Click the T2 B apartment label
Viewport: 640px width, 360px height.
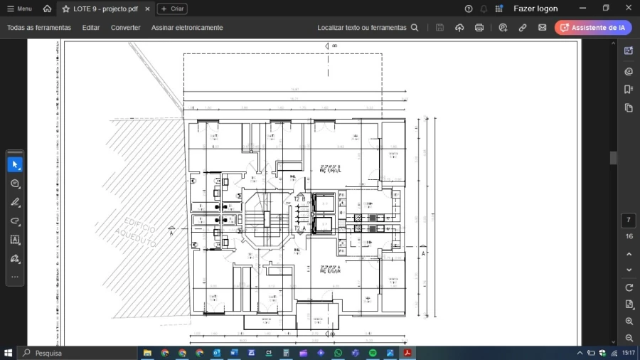coord(299,199)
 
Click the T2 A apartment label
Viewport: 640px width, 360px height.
coord(299,228)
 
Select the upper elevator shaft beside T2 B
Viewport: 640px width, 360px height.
coord(324,203)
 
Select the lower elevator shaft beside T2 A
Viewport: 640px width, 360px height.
coord(324,225)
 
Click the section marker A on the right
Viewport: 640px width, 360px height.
coord(424,253)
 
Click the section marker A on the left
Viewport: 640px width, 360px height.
coord(171,232)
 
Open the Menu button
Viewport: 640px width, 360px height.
coord(19,9)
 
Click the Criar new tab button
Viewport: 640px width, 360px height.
coord(172,9)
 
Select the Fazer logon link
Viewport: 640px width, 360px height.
coord(535,9)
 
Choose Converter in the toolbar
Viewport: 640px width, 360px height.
coord(125,28)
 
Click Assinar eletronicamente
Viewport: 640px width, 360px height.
coord(187,28)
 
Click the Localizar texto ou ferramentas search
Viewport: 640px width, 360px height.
coord(368,28)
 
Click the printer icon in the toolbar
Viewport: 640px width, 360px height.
coord(479,28)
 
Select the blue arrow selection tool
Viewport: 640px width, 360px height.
coord(15,164)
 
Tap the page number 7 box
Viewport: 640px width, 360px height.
coord(629,221)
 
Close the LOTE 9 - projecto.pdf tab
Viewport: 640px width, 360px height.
coord(147,9)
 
